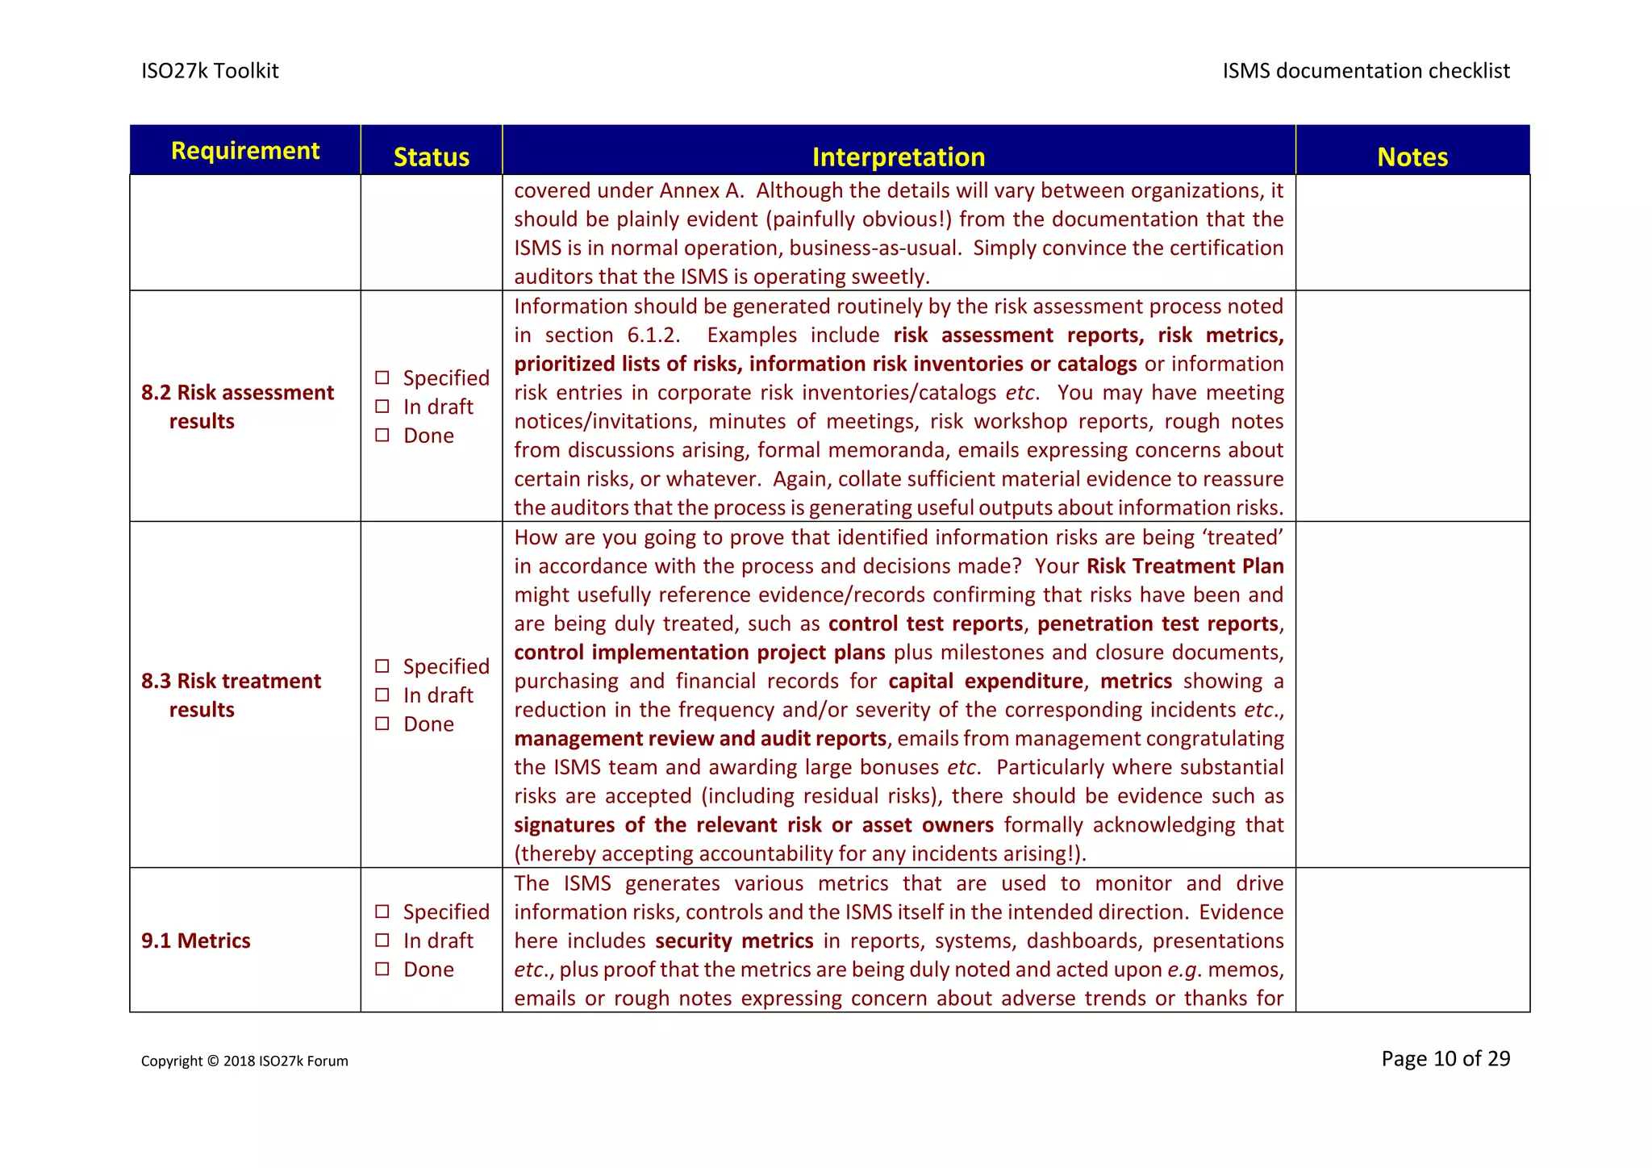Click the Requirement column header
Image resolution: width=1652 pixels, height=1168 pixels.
point(245,151)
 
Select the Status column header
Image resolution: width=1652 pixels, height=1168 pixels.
point(431,156)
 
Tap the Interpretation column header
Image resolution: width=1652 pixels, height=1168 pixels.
point(898,156)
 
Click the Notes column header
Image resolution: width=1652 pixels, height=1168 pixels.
point(1412,156)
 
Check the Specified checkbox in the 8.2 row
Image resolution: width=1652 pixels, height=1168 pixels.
point(382,378)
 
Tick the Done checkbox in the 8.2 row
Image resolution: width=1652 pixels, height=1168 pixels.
point(382,436)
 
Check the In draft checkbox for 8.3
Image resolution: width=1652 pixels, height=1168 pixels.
point(382,695)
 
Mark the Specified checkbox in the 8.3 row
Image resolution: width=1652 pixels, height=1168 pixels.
point(382,666)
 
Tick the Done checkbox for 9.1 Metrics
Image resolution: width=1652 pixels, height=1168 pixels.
point(382,969)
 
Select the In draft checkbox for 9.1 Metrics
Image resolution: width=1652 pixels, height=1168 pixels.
point(382,941)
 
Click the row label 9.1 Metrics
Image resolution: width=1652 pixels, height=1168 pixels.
point(196,941)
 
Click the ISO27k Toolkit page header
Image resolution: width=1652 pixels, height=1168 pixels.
point(210,71)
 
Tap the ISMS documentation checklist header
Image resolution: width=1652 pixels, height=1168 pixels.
point(1365,71)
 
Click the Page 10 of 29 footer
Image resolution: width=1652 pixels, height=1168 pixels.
point(1445,1058)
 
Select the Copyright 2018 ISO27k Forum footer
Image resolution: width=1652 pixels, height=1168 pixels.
point(244,1061)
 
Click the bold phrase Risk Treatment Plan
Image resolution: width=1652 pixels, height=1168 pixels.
point(1184,566)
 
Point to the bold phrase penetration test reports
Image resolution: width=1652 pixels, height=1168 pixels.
point(1157,624)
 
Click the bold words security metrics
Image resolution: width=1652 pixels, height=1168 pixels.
point(734,941)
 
